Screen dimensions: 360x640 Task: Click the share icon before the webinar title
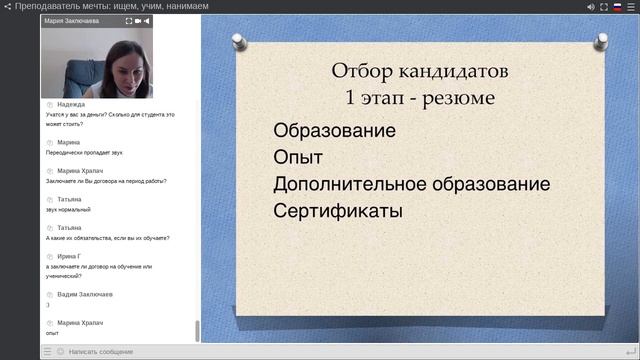click(7, 6)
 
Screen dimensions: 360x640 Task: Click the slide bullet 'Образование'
click(334, 131)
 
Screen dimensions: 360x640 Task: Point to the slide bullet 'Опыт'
click(297, 158)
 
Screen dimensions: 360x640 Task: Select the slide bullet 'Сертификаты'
click(337, 211)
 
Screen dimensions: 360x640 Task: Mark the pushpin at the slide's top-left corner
click(240, 42)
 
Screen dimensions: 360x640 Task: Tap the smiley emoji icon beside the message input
click(60, 352)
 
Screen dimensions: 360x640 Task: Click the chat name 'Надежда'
click(71, 104)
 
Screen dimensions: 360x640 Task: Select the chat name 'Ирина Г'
click(71, 256)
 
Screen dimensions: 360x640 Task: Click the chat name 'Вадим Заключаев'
click(85, 295)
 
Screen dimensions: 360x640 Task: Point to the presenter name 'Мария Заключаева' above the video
click(73, 20)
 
